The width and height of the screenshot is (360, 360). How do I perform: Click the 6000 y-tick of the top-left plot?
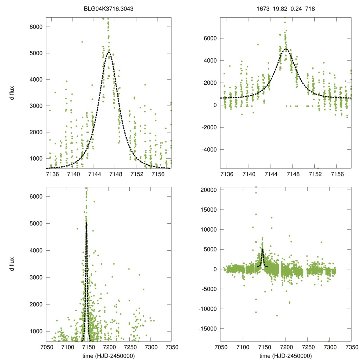(36, 27)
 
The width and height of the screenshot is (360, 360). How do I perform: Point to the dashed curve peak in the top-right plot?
(285, 49)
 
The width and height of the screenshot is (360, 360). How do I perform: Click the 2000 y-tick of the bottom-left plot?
(36, 304)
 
